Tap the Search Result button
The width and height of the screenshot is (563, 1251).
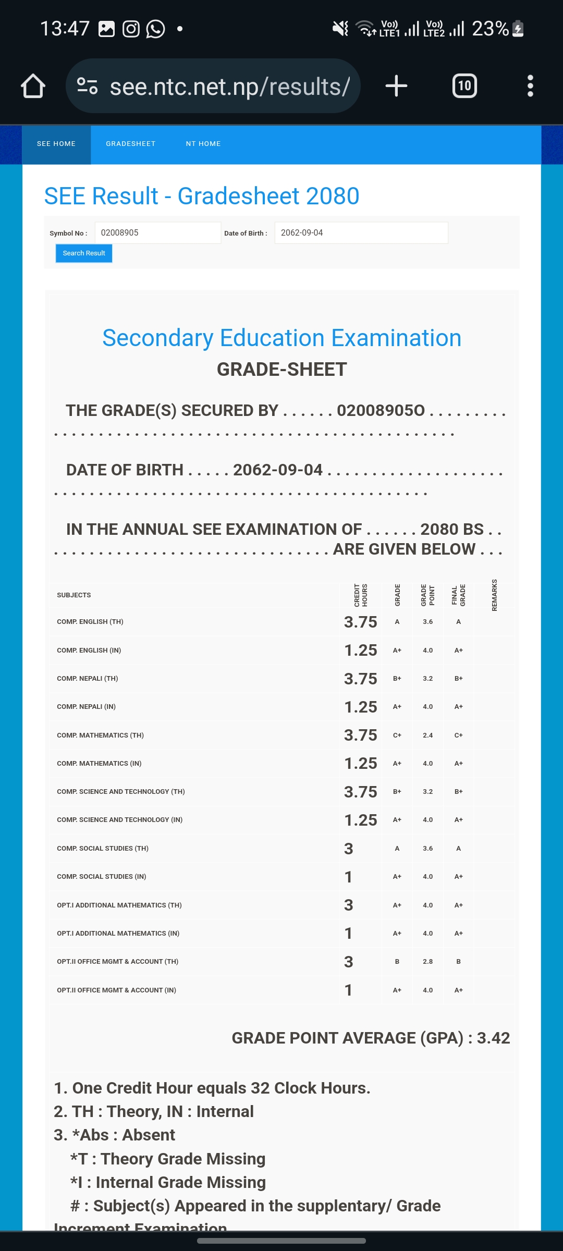coord(84,253)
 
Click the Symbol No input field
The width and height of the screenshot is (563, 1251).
coord(157,233)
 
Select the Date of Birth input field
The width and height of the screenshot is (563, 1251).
coord(361,233)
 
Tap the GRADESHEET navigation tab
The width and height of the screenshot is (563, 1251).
coord(130,144)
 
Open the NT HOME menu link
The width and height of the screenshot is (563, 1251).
coord(203,144)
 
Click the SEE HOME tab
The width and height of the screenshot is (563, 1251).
coord(56,144)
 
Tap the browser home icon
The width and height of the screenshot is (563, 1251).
coord(33,86)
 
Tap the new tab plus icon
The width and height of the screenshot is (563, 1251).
coord(396,86)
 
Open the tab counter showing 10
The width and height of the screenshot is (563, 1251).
coord(464,86)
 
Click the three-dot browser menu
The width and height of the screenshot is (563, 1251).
coord(530,86)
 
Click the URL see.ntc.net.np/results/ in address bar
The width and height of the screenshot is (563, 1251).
coord(229,87)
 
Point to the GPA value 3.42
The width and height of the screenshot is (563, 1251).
coord(493,1038)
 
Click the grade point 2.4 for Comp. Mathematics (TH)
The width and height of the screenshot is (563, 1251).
coord(427,735)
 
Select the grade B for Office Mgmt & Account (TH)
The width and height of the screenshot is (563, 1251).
coord(397,962)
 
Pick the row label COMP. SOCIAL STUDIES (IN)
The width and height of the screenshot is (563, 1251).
coord(102,877)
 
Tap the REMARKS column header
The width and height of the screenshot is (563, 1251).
coord(494,595)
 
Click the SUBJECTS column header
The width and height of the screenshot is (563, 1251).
coord(74,595)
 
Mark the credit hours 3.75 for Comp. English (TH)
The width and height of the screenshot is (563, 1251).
coord(360,622)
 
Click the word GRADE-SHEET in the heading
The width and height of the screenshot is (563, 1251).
coord(281,370)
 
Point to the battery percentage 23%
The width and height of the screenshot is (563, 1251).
coord(490,29)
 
